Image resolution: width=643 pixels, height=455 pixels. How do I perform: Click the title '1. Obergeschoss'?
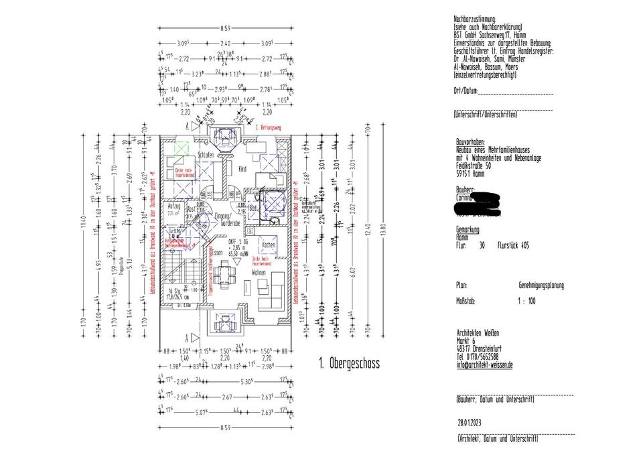[349, 365]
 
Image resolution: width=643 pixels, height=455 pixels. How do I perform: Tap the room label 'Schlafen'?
[206, 155]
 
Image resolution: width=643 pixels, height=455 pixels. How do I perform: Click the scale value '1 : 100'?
[526, 301]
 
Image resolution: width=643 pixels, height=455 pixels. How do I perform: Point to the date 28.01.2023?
[470, 422]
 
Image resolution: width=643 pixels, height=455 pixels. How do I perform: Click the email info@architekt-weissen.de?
[484, 365]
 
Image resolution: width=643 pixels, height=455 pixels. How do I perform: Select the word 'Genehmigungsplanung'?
[541, 285]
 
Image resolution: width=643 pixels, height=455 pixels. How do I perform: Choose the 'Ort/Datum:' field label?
[466, 90]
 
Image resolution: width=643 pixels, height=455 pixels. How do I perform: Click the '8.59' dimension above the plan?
[225, 28]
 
